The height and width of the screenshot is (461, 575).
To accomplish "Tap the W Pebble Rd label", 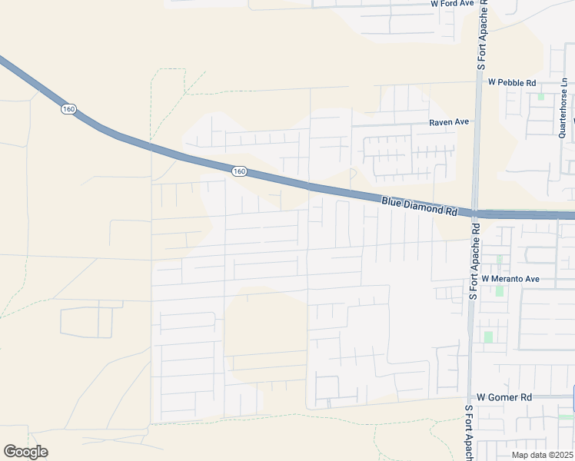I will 511,82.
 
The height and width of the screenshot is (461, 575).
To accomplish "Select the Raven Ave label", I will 449,122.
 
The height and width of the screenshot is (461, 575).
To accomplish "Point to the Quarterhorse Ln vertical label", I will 563,108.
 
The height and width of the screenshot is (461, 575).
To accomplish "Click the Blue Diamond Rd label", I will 419,205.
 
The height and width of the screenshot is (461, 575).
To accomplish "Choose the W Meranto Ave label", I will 511,278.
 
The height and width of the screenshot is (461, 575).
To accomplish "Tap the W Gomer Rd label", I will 504,397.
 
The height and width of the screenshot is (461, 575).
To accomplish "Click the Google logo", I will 25,452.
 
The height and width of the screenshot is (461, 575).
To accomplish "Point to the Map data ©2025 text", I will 541,455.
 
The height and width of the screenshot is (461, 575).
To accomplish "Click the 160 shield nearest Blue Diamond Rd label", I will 238,171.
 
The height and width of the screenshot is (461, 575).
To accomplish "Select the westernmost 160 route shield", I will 68,109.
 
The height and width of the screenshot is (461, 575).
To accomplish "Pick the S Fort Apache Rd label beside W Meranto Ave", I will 474,261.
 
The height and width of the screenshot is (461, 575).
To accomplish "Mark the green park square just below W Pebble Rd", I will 540,97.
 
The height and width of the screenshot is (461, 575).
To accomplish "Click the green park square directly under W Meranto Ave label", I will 500,291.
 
